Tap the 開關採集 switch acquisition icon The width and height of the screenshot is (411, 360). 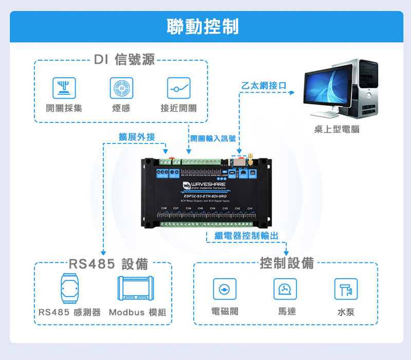tap(64, 88)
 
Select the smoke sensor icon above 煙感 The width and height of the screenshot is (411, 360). tap(121, 88)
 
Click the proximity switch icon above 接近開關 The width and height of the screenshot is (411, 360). tap(179, 88)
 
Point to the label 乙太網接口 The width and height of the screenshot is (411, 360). tap(264, 85)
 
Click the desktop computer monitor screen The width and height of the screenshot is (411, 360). tap(328, 86)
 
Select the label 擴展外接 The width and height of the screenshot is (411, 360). tap(137, 137)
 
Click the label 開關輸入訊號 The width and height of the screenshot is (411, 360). tap(213, 138)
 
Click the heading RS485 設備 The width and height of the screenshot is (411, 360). tap(108, 264)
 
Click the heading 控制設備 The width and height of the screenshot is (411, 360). tap(287, 263)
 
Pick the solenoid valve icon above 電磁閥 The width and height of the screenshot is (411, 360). tap(225, 289)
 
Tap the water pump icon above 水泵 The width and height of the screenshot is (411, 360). tap(346, 289)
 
